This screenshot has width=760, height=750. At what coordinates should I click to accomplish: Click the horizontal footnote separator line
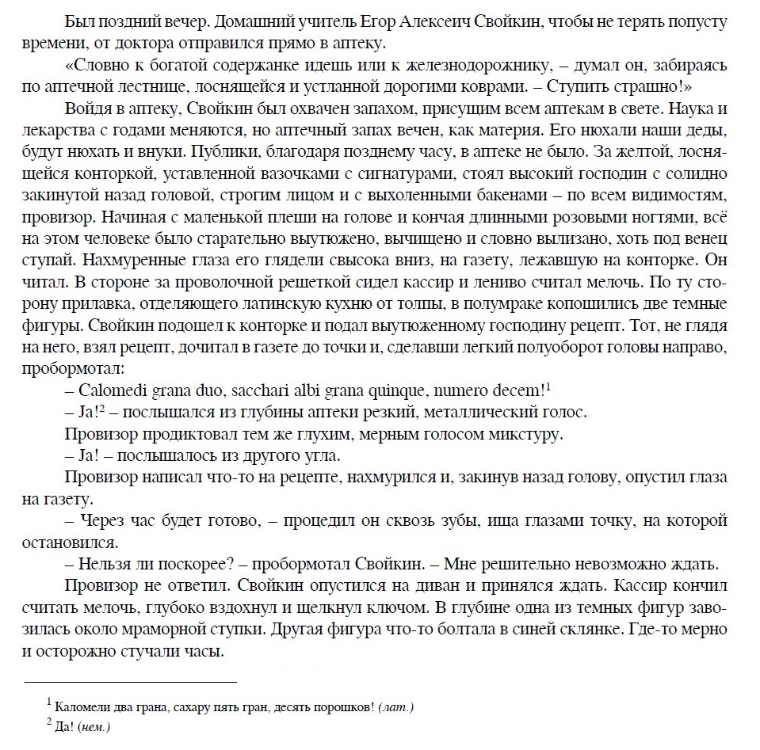click(131, 681)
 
